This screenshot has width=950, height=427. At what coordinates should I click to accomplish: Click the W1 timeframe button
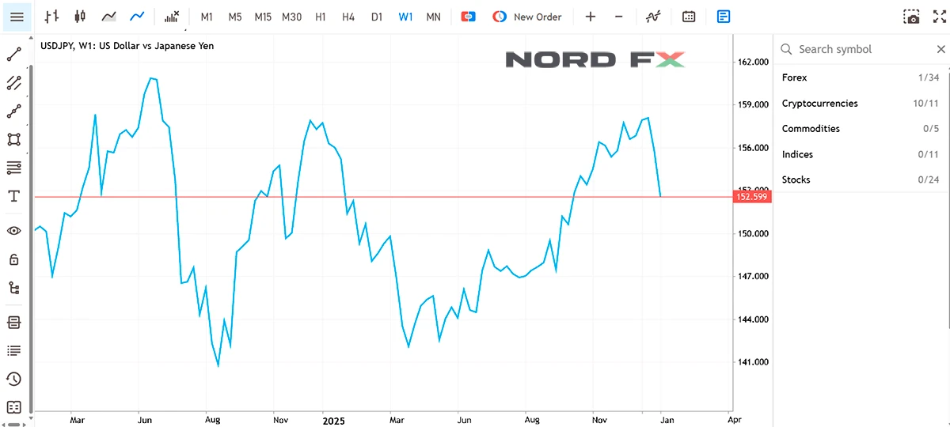click(405, 17)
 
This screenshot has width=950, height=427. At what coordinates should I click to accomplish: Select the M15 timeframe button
click(263, 17)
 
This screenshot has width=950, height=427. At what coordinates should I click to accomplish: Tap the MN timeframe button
click(433, 17)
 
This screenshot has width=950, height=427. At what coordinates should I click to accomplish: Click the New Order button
click(527, 17)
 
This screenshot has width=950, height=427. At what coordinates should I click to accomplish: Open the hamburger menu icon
click(17, 17)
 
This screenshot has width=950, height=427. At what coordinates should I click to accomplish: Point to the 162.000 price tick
click(753, 62)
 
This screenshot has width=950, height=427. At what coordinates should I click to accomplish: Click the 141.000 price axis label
click(753, 362)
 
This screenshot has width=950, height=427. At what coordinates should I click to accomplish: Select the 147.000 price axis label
click(753, 277)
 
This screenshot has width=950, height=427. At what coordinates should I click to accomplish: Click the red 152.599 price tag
click(752, 196)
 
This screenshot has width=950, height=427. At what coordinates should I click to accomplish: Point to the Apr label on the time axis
click(734, 421)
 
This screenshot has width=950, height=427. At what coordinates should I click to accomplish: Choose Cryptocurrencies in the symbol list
click(819, 103)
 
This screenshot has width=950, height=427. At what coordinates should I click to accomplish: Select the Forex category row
click(795, 77)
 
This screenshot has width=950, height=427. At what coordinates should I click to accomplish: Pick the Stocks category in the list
click(796, 179)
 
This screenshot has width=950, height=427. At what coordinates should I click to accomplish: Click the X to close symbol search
click(940, 49)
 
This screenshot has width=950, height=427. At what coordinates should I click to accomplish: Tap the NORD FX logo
click(595, 59)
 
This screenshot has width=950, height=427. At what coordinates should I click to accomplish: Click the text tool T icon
click(13, 196)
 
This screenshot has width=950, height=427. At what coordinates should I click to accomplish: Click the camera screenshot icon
click(912, 17)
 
